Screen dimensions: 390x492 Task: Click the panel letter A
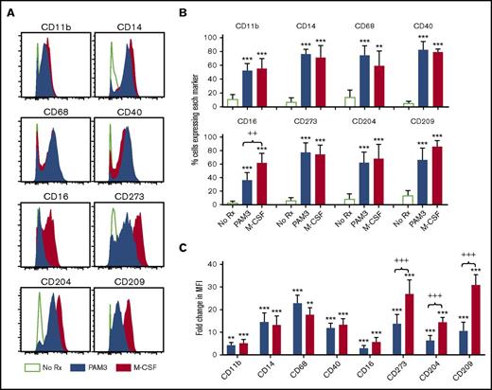click(x=9, y=9)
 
